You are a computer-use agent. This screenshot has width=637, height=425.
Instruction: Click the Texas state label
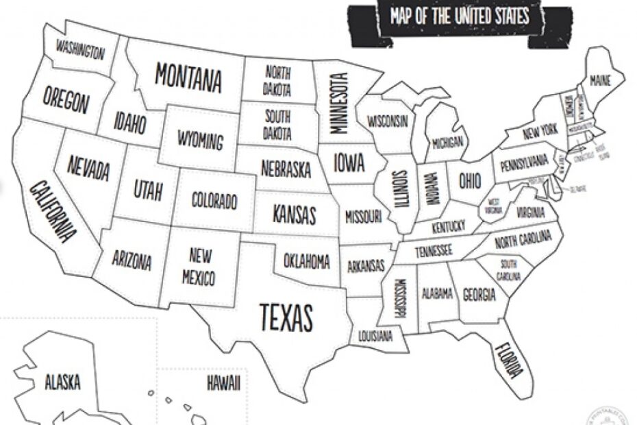point(286,317)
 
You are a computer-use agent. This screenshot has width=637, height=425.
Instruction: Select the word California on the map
point(52,212)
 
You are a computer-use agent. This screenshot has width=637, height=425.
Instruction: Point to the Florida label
point(508,360)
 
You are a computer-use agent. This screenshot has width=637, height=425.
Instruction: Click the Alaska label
point(63,381)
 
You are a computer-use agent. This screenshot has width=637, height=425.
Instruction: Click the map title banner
point(459,16)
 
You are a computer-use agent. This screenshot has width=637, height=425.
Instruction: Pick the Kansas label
point(295,215)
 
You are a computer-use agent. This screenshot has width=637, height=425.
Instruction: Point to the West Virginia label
point(494,206)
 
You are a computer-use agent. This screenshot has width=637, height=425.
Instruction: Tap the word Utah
point(148,190)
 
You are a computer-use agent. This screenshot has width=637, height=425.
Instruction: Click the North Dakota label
point(277,81)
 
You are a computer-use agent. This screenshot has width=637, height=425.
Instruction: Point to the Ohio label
point(470,181)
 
